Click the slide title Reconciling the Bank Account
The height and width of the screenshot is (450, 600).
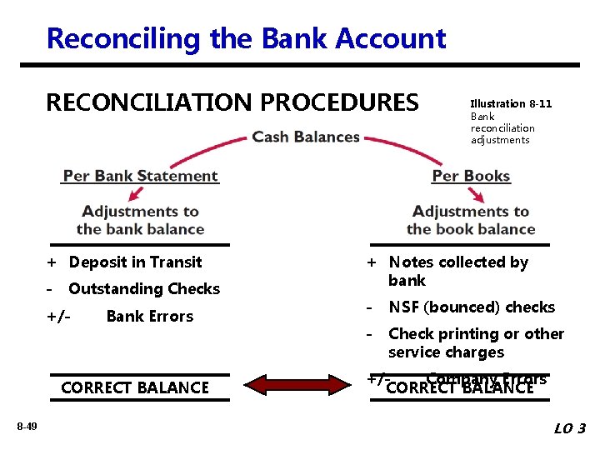[246, 38]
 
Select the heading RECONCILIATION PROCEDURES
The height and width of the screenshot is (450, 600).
[232, 102]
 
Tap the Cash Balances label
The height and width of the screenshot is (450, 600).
[306, 137]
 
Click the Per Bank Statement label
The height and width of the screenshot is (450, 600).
[140, 176]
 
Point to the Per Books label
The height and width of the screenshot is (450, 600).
[471, 176]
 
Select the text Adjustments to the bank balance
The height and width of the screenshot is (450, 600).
[140, 221]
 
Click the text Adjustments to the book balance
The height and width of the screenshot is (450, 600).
[471, 221]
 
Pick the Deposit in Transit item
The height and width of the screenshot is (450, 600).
[135, 262]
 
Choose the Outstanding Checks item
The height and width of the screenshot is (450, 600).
[143, 289]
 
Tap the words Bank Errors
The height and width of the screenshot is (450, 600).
[149, 317]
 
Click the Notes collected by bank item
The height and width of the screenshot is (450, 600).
[457, 272]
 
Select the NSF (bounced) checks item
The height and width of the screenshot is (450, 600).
[471, 307]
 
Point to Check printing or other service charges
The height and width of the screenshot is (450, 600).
[475, 342]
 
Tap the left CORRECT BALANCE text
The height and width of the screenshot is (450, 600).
[135, 387]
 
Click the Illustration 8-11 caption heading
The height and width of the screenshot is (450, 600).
[511, 104]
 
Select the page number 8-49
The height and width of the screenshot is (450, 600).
[27, 427]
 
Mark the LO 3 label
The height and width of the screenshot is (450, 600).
[570, 428]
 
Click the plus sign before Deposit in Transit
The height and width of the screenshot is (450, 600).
[51, 262]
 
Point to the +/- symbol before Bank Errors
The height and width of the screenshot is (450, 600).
[58, 317]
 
